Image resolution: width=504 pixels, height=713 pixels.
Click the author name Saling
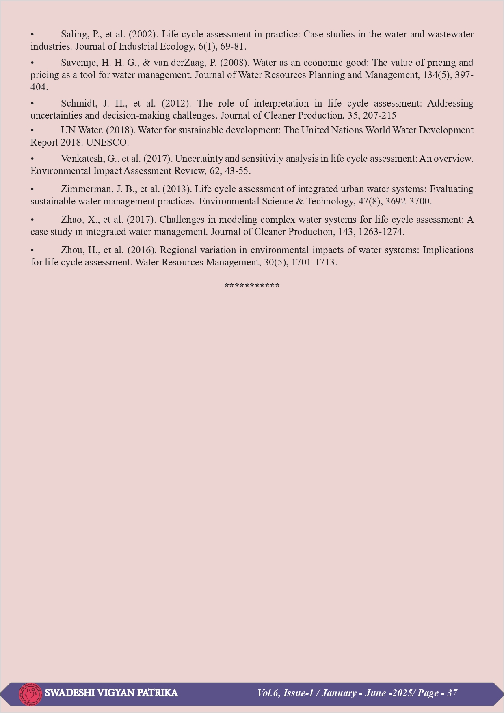tap(74, 35)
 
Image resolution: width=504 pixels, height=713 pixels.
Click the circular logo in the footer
tap(30, 694)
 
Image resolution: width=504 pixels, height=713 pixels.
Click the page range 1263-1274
tap(381, 232)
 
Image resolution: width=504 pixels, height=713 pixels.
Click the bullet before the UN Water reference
tap(32, 130)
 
